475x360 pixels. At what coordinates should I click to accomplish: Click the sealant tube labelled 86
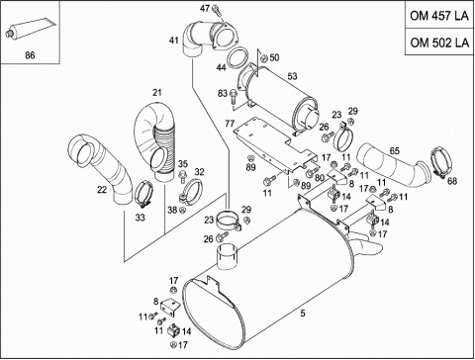pos(30,28)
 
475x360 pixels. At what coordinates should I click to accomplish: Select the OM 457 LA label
pos(439,16)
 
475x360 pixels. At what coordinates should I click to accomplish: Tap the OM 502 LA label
pos(439,43)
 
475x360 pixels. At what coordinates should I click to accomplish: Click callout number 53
pos(292,76)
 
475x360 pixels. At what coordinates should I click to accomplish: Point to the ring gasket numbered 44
pos(237,57)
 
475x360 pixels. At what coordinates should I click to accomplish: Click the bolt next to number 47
pos(216,9)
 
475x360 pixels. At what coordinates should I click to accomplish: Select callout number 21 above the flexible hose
pos(157,93)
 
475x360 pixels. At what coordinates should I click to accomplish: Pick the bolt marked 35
pos(182,176)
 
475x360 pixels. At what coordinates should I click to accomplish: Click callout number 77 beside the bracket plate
pos(230,124)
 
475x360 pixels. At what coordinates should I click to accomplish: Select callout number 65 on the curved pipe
pos(395,151)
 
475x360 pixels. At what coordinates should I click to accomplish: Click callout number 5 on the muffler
pos(303,314)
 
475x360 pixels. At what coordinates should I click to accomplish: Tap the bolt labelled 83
pos(234,94)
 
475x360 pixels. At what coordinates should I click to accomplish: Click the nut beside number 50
pos(263,58)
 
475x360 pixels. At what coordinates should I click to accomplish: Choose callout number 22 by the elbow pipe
pos(102,190)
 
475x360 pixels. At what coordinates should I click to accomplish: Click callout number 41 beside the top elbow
pos(174,41)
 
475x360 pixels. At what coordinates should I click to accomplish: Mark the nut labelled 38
pos(183,210)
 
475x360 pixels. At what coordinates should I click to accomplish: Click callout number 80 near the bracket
pos(319,178)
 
